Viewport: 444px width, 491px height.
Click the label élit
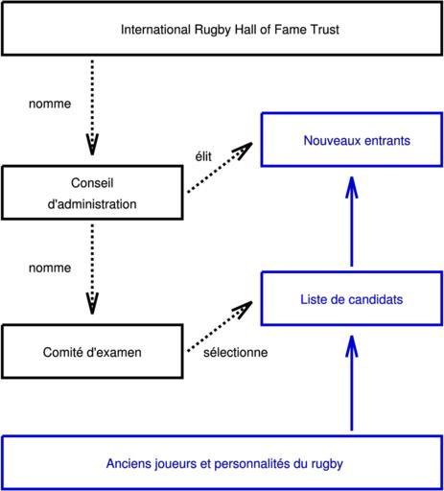click(203, 156)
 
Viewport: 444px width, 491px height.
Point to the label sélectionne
click(236, 352)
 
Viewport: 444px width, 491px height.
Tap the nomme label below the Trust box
click(50, 104)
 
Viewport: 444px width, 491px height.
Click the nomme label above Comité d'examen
click(50, 268)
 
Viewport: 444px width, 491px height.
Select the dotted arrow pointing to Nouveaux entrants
click(220, 168)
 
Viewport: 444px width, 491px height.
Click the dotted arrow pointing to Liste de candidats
click(220, 326)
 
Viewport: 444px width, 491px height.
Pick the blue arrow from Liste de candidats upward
click(352, 222)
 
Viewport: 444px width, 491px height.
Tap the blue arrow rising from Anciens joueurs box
click(352, 383)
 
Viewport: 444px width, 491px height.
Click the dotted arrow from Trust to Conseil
click(92, 107)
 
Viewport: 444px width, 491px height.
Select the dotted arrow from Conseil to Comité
click(92, 269)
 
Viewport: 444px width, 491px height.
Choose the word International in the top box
click(155, 30)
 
